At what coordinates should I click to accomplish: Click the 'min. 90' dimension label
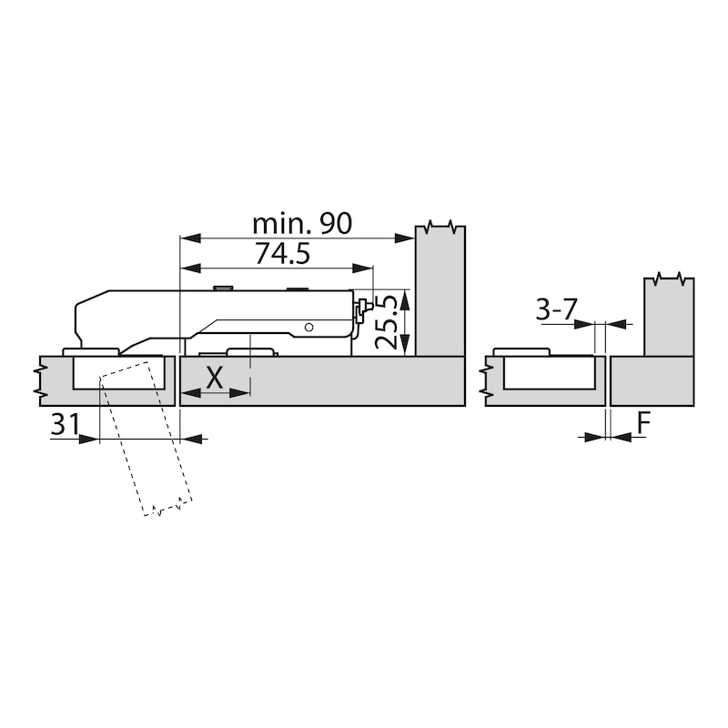pyautogui.click(x=301, y=224)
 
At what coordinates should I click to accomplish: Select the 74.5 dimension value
pyautogui.click(x=282, y=254)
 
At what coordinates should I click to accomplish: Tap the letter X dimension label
pyautogui.click(x=215, y=378)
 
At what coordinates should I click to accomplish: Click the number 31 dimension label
pyautogui.click(x=65, y=425)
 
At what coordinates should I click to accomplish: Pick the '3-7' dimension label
pyautogui.click(x=556, y=310)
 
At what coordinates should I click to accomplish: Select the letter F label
pyautogui.click(x=643, y=424)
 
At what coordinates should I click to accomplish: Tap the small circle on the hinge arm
pyautogui.click(x=309, y=327)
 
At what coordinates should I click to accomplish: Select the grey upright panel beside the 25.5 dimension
pyautogui.click(x=440, y=291)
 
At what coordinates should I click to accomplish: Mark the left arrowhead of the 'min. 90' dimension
pyautogui.click(x=188, y=238)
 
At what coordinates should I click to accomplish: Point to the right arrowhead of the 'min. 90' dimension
pyautogui.click(x=407, y=238)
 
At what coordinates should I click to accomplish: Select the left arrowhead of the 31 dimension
pyautogui.click(x=89, y=439)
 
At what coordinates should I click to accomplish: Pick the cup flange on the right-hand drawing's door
pyautogui.click(x=520, y=351)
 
